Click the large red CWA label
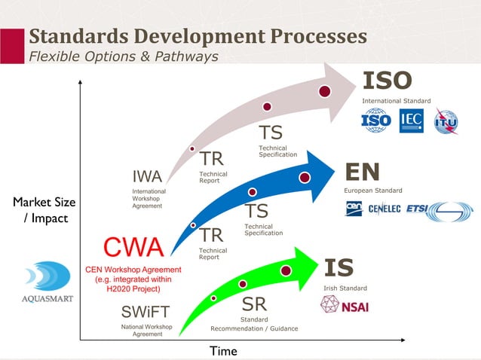[133, 248]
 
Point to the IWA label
[147, 177]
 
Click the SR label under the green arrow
[253, 305]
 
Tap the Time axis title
[223, 351]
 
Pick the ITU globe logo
[445, 121]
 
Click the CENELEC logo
[384, 209]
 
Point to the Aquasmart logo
[37, 282]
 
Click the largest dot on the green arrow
[286, 270]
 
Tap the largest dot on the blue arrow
[305, 178]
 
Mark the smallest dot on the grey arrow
[192, 148]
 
